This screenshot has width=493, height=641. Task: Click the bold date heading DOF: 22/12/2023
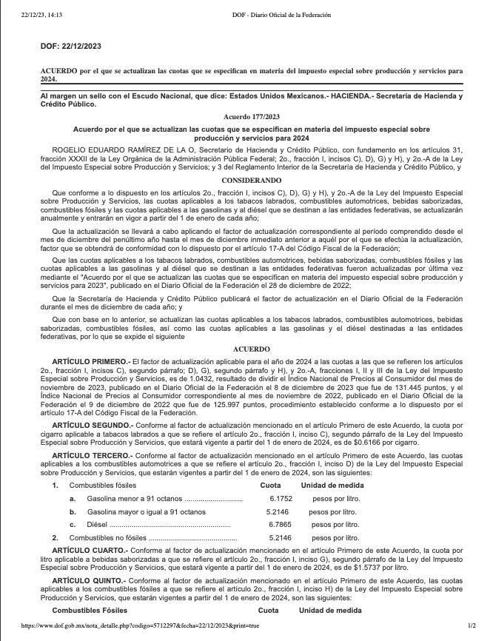(x=71, y=46)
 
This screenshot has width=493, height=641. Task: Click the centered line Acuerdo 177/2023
(x=252, y=116)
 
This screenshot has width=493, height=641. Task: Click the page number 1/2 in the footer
(x=472, y=626)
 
